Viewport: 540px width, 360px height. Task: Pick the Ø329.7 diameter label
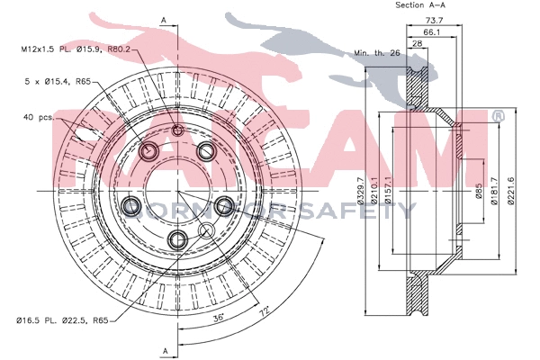click(361, 191)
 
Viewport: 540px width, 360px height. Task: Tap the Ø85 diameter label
click(481, 192)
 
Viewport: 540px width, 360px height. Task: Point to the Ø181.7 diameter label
click(496, 192)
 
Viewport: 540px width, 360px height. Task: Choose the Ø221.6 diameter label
click(512, 192)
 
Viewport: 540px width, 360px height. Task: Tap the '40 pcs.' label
click(39, 117)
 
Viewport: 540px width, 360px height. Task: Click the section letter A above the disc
click(164, 18)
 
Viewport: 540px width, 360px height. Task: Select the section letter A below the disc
click(164, 349)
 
